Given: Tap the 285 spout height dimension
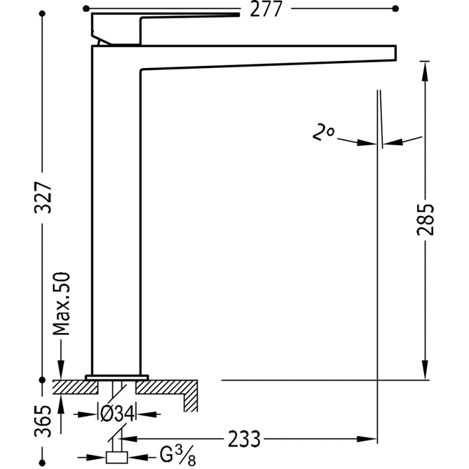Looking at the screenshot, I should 425,219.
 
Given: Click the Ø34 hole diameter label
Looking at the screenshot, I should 119,414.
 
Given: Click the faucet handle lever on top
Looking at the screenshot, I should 164,21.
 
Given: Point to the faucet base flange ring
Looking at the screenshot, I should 117,375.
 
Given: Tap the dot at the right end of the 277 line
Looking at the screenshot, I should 395,9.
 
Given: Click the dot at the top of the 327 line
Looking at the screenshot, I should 42,15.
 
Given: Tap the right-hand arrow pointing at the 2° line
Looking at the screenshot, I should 392,142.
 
